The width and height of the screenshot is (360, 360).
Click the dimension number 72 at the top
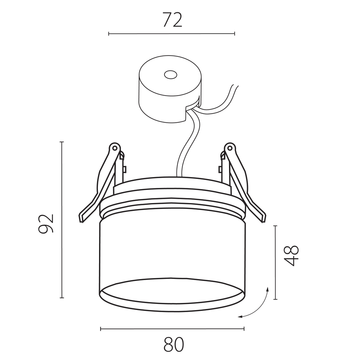coord(172,20)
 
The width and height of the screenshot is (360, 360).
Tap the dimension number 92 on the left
coord(46,224)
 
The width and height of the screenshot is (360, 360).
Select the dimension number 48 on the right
coord(291,256)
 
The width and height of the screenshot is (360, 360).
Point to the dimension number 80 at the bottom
coord(174,345)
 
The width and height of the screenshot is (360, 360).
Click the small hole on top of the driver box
coord(171,75)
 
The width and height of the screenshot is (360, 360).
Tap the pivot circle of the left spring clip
coord(114,148)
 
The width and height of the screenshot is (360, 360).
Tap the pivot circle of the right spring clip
coord(230,148)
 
